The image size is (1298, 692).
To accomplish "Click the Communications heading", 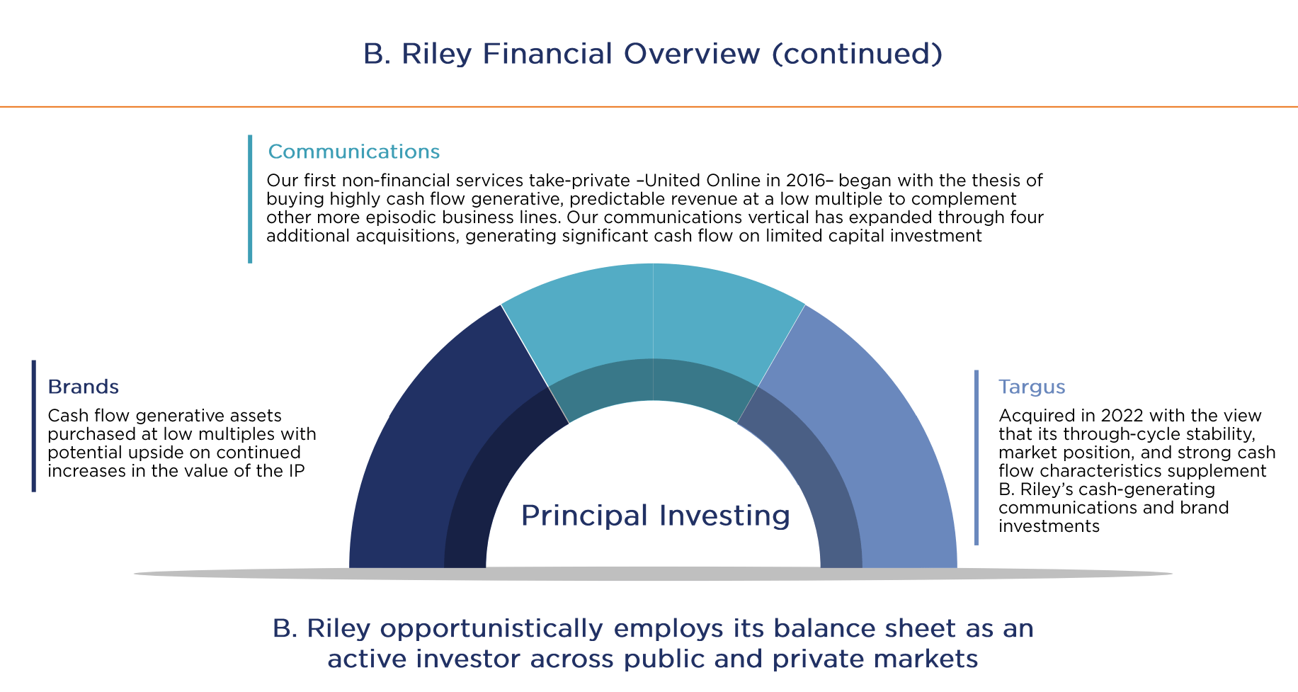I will (x=353, y=152).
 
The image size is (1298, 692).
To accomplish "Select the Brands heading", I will (x=83, y=387).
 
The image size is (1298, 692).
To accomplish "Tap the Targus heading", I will (x=1031, y=387).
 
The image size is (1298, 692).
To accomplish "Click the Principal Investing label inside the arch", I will (x=655, y=515).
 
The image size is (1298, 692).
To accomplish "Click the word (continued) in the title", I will (x=857, y=54).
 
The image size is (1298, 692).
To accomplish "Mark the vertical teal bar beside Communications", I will (x=250, y=199).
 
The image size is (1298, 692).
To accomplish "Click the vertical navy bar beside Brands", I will (x=33, y=426).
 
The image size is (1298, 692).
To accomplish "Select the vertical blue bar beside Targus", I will (x=977, y=458).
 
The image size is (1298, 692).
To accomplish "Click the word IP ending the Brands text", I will (x=297, y=471).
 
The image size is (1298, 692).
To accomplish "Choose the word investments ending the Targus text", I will (x=1049, y=526).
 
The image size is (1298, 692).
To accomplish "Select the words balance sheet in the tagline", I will (x=855, y=629).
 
